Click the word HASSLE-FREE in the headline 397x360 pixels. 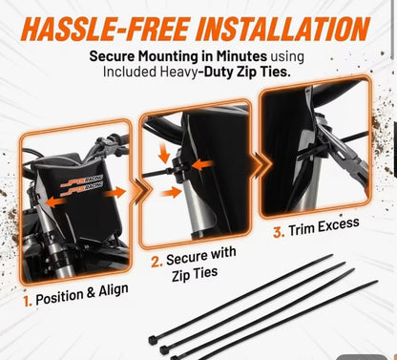pos(105,29)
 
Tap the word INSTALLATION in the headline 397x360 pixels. pos(283,29)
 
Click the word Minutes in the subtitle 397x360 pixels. pos(241,56)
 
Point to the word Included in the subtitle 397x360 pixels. pos(130,72)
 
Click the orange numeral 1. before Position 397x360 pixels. pos(28,301)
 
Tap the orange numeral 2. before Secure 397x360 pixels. pos(157,262)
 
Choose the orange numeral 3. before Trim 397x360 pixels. pos(279,232)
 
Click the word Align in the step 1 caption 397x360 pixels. pos(114,291)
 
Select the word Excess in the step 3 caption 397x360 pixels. pos(339,225)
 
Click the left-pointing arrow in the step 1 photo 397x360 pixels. pos(56,201)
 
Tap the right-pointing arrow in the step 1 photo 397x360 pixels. pos(115,193)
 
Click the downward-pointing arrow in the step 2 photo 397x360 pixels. pos(164,154)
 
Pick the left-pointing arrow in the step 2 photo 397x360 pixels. pos(203,165)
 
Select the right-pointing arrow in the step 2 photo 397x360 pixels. pos(171,193)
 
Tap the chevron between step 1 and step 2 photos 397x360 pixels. pos(140,190)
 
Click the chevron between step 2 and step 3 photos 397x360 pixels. pos(261,164)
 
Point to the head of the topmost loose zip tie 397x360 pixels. pos(154,340)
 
